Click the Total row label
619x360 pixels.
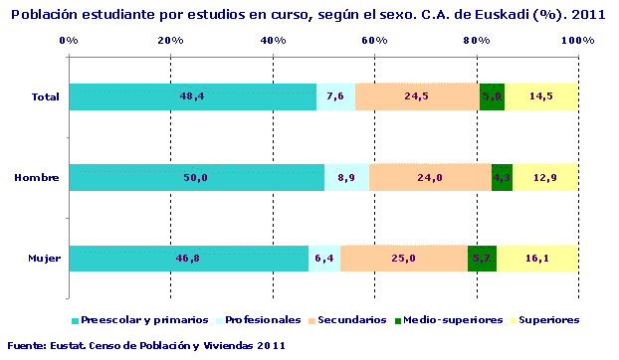point(46,96)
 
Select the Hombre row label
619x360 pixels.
point(37,178)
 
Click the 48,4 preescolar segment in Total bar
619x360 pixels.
point(192,96)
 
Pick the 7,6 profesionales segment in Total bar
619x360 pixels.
point(335,96)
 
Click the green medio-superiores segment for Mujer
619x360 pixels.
point(482,259)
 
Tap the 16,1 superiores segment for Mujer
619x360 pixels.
point(537,259)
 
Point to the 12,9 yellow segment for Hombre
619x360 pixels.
point(545,178)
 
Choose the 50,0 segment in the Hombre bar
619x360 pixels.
point(196,178)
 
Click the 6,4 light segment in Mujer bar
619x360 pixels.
point(324,259)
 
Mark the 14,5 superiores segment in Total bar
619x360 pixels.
point(541,96)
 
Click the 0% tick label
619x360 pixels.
point(69,40)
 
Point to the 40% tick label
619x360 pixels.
point(273,40)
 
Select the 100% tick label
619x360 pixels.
point(577,40)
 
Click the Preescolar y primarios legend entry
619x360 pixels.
point(139,320)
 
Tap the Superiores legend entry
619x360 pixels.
point(544,320)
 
